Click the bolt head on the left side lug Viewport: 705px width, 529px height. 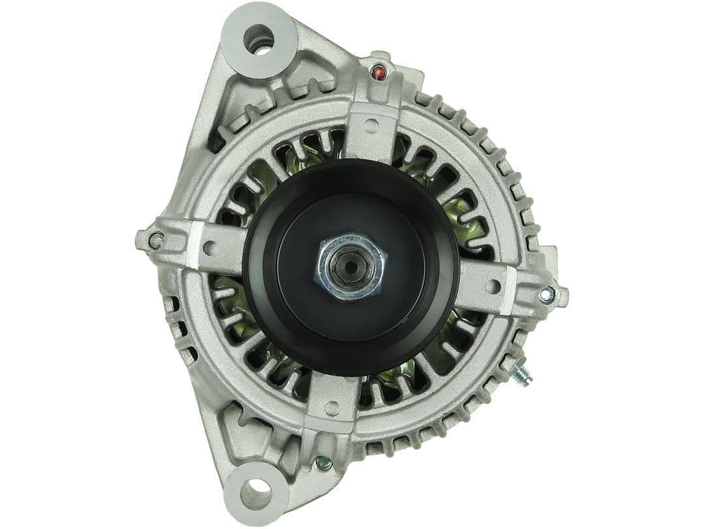click(155, 240)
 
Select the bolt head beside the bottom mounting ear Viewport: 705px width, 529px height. click(322, 464)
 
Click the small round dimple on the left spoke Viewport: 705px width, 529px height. click(210, 248)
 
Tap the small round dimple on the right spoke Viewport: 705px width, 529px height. click(494, 285)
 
